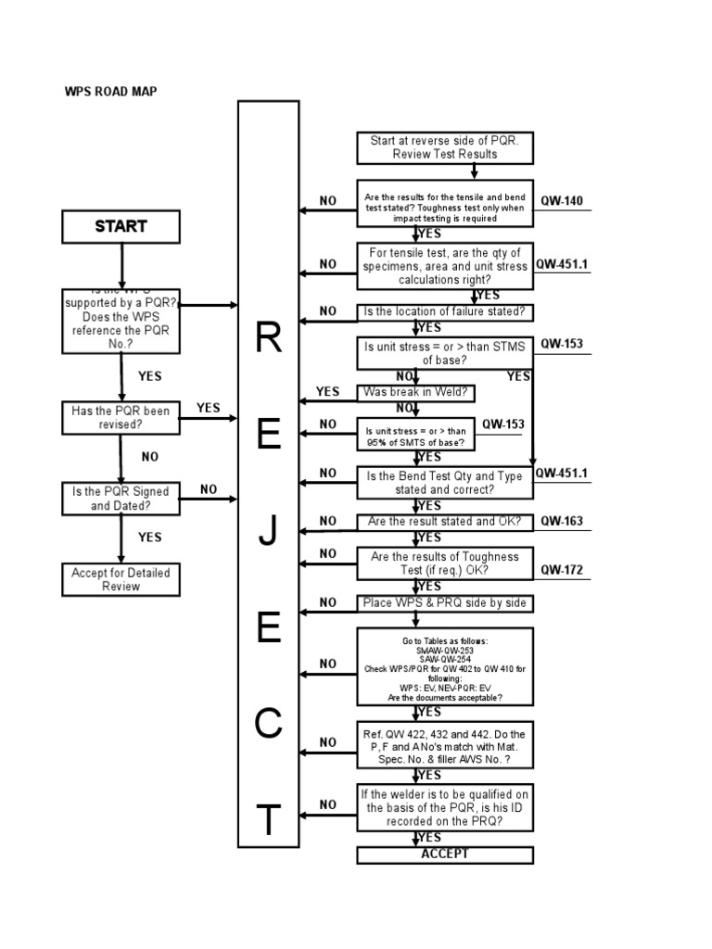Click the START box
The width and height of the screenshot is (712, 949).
click(121, 226)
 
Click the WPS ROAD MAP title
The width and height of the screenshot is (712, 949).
click(103, 92)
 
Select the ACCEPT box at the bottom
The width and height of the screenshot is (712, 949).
click(445, 854)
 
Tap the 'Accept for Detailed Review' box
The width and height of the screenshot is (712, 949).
click(121, 579)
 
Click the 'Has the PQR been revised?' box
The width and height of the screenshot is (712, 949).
click(121, 417)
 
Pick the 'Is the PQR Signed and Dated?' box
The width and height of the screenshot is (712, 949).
click(121, 499)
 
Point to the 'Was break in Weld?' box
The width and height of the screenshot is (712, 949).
click(417, 393)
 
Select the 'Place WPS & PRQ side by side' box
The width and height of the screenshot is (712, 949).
click(445, 603)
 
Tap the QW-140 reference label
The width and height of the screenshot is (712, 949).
click(562, 201)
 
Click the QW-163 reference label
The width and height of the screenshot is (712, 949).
click(562, 522)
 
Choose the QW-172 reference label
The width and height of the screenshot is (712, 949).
click(562, 571)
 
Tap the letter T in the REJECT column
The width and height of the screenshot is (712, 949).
click(268, 821)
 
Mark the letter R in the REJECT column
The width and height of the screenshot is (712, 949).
click(268, 340)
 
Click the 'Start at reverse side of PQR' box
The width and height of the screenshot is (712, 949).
click(445, 147)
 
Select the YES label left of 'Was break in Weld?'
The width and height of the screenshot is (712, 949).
click(328, 392)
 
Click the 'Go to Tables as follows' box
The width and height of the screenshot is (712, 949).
click(445, 664)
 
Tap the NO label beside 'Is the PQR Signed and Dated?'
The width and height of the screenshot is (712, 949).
click(209, 489)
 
